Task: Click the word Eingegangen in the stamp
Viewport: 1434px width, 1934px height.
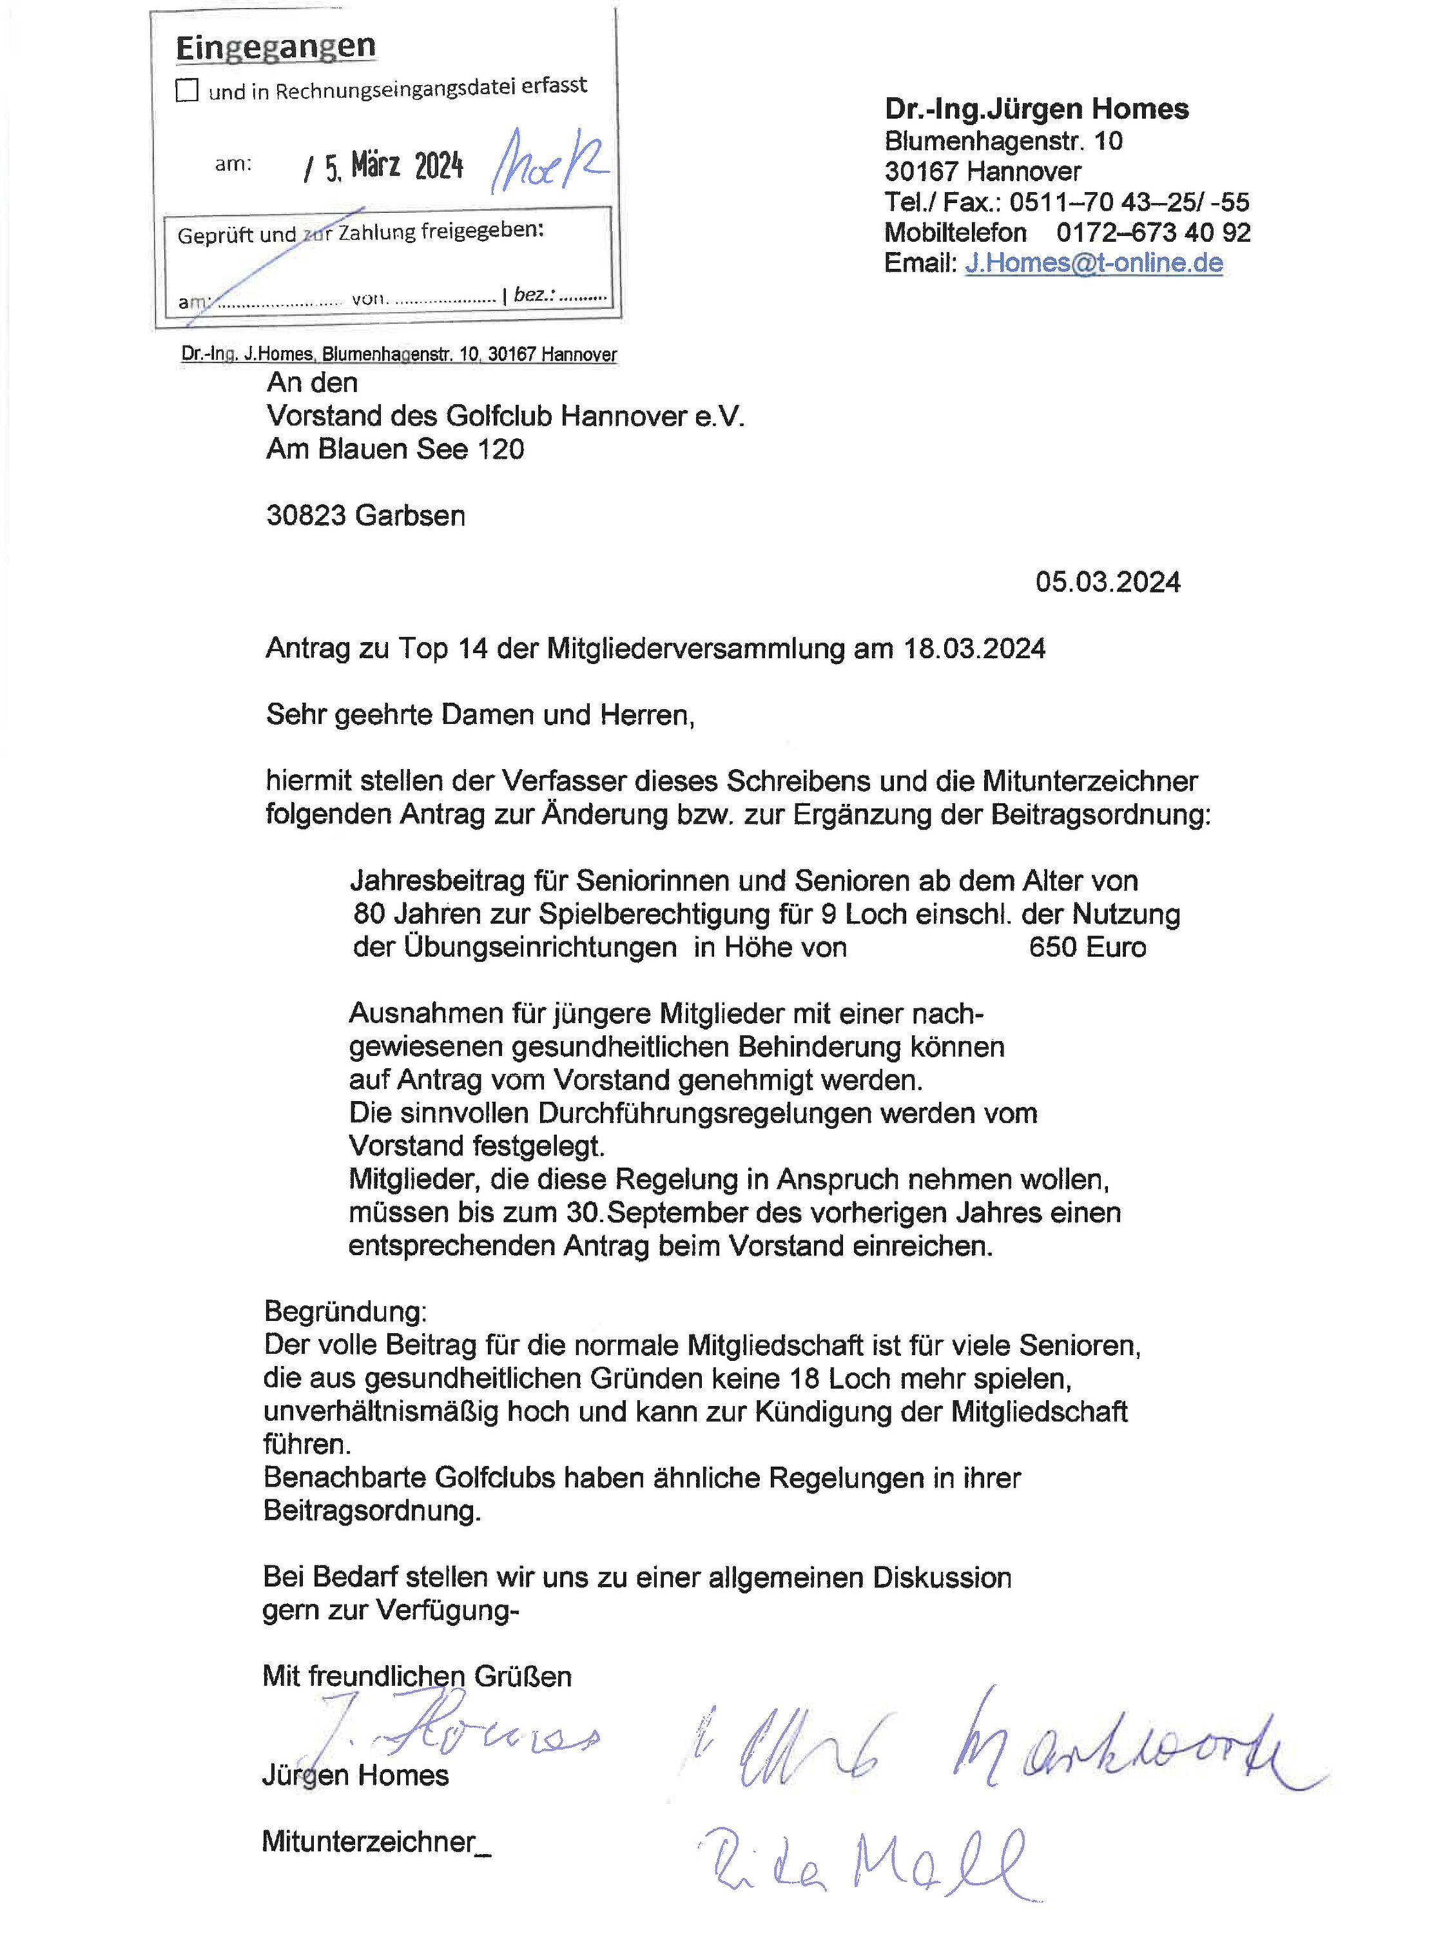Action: pyautogui.click(x=275, y=47)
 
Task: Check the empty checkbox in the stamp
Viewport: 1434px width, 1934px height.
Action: pyautogui.click(x=187, y=90)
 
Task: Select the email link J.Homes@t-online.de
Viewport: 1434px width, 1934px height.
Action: pyautogui.click(x=1094, y=262)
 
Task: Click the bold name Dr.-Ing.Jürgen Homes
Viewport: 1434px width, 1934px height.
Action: pyautogui.click(x=1036, y=110)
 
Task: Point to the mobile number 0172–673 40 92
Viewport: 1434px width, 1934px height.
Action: pyautogui.click(x=1153, y=232)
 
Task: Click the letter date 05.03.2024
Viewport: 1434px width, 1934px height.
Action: pyautogui.click(x=1108, y=581)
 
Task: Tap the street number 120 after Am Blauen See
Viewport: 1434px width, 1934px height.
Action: pyautogui.click(x=501, y=449)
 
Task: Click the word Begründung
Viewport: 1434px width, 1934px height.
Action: pyautogui.click(x=345, y=1311)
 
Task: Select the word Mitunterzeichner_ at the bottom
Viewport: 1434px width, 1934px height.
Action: pyautogui.click(x=376, y=1841)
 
